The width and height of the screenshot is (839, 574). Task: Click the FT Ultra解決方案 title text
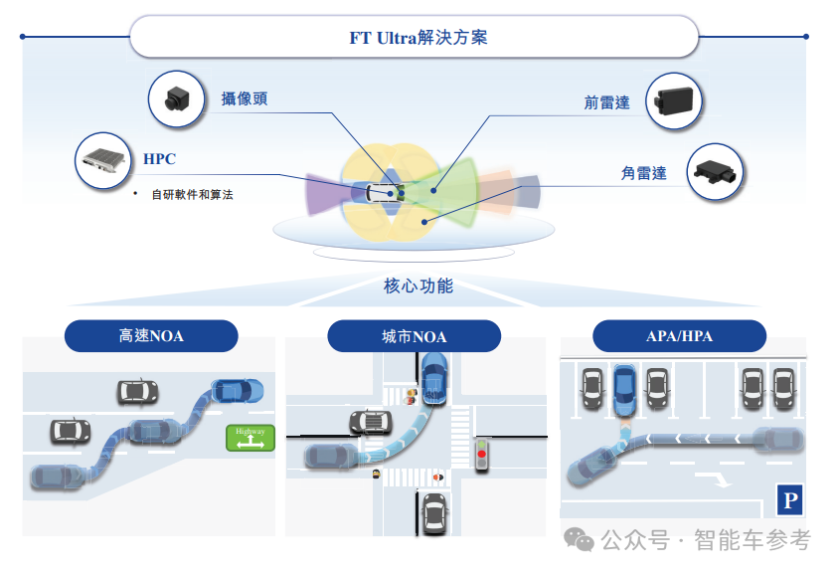pos(418,39)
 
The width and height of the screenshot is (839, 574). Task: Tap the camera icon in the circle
pos(177,98)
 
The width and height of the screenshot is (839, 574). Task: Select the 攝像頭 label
pos(244,98)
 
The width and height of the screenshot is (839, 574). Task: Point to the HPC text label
pos(159,159)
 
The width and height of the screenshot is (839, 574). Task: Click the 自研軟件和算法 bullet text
pos(192,195)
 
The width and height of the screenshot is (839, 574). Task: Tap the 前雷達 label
pos(606,102)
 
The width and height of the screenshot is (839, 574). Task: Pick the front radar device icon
pos(674,101)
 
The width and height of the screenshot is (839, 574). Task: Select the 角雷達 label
pos(643,173)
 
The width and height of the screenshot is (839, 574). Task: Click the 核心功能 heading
pos(419,287)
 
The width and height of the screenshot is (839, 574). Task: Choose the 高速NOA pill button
pos(151,336)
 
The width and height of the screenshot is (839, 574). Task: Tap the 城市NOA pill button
pos(414,336)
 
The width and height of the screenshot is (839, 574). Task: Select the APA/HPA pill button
pos(679,336)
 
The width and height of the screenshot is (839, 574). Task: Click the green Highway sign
pos(250,437)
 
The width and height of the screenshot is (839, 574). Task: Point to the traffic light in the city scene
pos(483,454)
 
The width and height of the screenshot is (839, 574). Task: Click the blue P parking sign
pos(789,500)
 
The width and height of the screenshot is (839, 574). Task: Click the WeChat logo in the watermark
pos(579,539)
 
